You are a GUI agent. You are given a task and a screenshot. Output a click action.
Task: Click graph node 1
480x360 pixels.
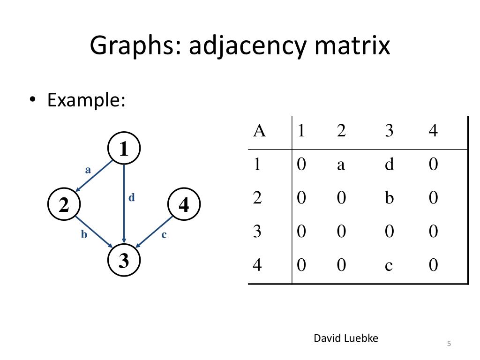pyautogui.click(x=124, y=149)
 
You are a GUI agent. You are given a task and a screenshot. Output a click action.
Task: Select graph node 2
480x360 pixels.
pyautogui.click(x=64, y=205)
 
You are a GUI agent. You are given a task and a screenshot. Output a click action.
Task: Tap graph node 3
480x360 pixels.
pyautogui.click(x=124, y=261)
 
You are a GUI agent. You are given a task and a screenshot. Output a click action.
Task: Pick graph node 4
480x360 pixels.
pyautogui.click(x=184, y=205)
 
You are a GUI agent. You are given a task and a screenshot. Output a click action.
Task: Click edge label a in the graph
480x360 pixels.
pyautogui.click(x=88, y=170)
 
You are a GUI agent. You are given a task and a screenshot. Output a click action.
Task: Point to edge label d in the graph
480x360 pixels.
pyautogui.click(x=132, y=198)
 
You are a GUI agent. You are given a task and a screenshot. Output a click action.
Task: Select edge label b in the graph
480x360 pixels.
pyautogui.click(x=84, y=234)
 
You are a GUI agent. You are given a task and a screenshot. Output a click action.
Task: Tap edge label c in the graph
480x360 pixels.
pyautogui.click(x=164, y=234)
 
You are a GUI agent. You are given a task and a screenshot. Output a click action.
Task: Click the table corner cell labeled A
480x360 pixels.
pyautogui.click(x=259, y=131)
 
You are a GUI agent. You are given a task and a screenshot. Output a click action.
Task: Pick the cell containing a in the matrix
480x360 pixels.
pyautogui.click(x=341, y=165)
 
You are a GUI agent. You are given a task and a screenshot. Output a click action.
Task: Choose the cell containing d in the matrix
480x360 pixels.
pyautogui.click(x=389, y=165)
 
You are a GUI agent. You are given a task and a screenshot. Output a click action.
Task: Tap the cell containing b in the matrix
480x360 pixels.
pyautogui.click(x=389, y=198)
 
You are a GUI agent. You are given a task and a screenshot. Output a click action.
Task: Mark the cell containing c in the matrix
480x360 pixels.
pyautogui.click(x=389, y=265)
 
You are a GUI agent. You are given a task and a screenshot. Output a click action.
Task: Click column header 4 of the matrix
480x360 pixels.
pyautogui.click(x=433, y=131)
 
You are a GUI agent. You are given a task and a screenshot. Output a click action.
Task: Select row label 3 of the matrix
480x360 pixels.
pyautogui.click(x=257, y=232)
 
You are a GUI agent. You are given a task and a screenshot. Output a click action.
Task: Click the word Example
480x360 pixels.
pyautogui.click(x=86, y=100)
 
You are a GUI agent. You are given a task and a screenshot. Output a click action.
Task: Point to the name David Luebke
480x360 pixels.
pyautogui.click(x=346, y=338)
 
